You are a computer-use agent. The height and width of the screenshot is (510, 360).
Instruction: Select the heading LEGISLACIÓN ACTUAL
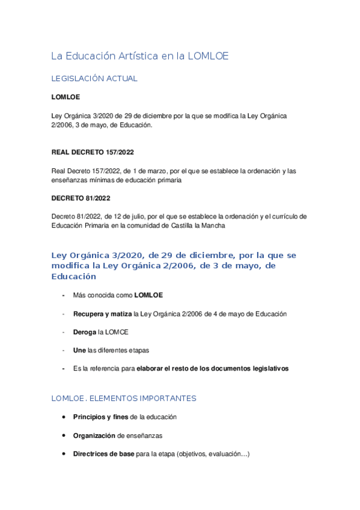point(94,78)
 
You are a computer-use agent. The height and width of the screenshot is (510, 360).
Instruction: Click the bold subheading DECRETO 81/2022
point(81,198)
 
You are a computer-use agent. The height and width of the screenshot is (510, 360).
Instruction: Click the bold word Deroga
point(84,331)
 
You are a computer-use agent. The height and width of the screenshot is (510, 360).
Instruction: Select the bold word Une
point(79,350)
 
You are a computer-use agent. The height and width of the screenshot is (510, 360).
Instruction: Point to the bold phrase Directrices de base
point(103,454)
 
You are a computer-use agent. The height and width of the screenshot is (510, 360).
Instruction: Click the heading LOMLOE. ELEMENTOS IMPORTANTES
point(124,398)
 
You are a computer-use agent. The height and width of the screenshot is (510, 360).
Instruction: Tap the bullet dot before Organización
point(64,435)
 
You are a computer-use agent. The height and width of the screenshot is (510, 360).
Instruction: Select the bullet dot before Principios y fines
point(64,417)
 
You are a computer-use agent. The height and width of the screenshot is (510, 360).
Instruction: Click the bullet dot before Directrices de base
point(64,454)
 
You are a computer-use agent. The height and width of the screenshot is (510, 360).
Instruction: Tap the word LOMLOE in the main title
point(208,56)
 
